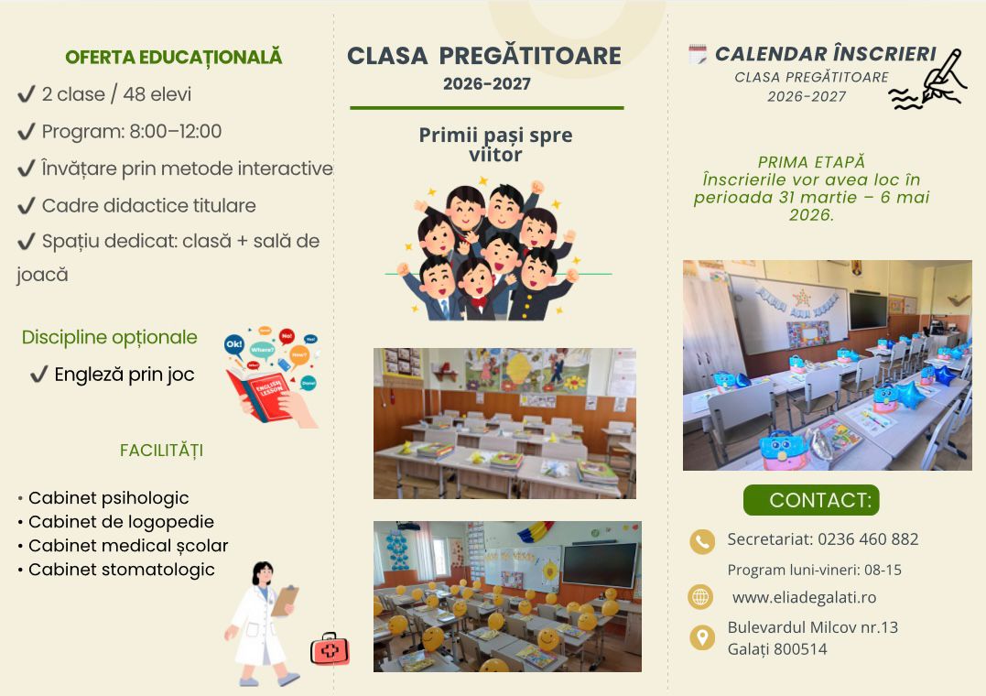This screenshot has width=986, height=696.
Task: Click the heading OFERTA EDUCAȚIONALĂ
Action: click(x=174, y=58)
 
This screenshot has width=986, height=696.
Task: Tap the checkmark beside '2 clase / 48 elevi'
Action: click(x=27, y=94)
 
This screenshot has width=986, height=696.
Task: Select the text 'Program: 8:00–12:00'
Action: click(x=132, y=132)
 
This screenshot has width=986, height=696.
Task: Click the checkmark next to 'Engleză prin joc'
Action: click(x=39, y=375)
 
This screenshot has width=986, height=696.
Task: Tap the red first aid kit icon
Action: click(x=330, y=649)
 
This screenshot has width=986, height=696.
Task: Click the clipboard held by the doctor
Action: click(x=285, y=600)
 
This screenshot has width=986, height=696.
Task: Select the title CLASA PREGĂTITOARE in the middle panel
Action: click(x=484, y=56)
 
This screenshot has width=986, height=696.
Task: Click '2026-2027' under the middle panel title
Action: click(x=487, y=83)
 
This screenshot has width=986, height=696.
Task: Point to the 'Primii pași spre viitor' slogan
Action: click(x=495, y=145)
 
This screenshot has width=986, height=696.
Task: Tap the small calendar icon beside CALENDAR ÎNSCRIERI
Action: click(x=698, y=55)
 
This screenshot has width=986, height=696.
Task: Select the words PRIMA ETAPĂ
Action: click(x=811, y=162)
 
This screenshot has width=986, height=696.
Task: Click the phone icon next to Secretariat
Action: click(x=702, y=541)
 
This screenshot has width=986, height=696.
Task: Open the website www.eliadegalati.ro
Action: click(x=804, y=597)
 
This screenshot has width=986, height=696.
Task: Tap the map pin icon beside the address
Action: click(x=702, y=637)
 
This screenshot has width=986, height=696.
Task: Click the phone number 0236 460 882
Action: click(x=869, y=539)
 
